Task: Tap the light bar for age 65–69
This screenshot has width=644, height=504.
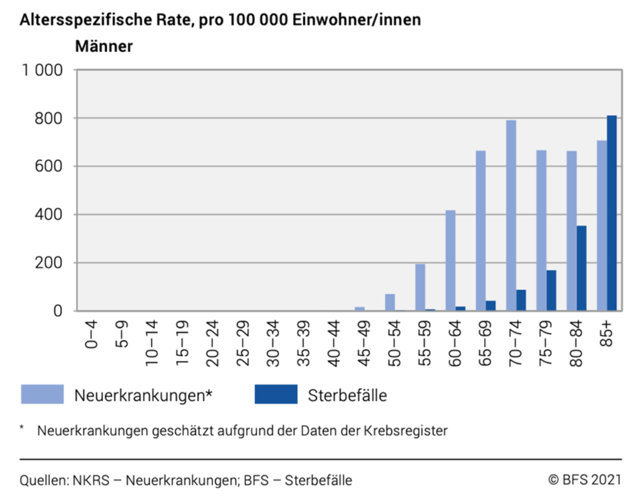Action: tap(481, 231)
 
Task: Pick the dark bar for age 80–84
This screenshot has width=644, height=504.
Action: tap(582, 268)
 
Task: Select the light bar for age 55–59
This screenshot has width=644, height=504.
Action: tap(420, 287)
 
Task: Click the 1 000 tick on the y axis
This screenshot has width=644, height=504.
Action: tap(42, 70)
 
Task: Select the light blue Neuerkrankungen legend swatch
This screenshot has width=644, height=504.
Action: tap(42, 395)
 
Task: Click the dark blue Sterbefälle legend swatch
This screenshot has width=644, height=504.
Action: tap(276, 395)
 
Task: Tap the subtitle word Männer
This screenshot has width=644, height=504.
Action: tap(104, 47)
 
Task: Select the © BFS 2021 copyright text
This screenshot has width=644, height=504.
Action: tap(584, 479)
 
